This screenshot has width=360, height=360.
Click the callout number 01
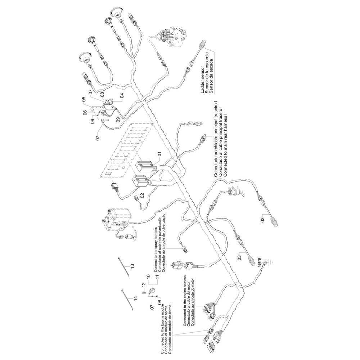pyautogui.click(x=159, y=154)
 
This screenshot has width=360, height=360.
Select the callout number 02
pyautogui.click(x=142, y=196)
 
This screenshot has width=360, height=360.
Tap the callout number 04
pyautogui.click(x=122, y=95)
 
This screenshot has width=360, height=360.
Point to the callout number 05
pyautogui.click(x=84, y=99)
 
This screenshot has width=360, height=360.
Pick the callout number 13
pyautogui.click(x=132, y=266)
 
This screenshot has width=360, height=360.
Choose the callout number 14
pyautogui.click(x=135, y=298)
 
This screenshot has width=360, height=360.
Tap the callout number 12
pyautogui.click(x=144, y=285)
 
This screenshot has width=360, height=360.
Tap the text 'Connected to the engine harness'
pyautogui.click(x=185, y=301)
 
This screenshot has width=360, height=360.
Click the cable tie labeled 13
pyautogui.click(x=124, y=268)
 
